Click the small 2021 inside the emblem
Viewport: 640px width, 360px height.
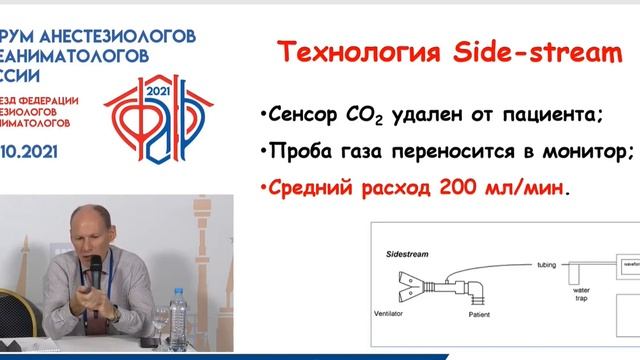point(158,91)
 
